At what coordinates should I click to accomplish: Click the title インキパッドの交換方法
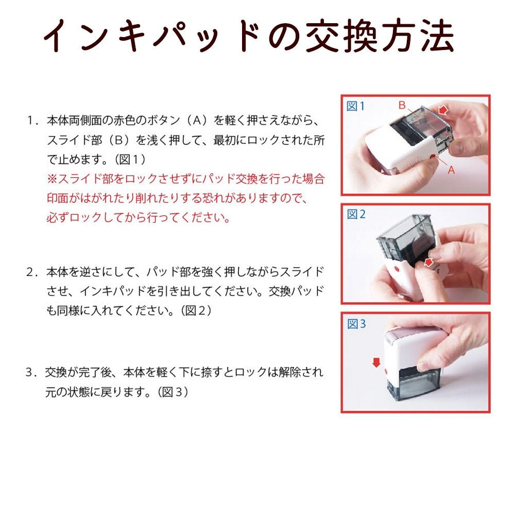tap(249, 36)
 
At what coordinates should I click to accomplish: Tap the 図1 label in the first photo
tap(355, 106)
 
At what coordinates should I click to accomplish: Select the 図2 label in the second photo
tap(356, 214)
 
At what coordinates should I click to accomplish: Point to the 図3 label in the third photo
tap(356, 324)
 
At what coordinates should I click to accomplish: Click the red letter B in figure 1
tap(402, 105)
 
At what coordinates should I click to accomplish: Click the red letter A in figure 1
tap(451, 170)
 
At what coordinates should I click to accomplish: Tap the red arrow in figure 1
tap(443, 109)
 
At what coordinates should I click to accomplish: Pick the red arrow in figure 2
tap(428, 262)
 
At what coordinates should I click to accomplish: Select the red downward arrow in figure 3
tap(376, 363)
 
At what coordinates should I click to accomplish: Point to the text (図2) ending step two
tap(196, 311)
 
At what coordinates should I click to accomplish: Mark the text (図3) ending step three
tap(173, 391)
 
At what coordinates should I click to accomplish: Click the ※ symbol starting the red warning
tap(52, 179)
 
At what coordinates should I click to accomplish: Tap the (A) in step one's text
tap(197, 121)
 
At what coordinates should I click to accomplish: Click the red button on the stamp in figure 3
tap(386, 371)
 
